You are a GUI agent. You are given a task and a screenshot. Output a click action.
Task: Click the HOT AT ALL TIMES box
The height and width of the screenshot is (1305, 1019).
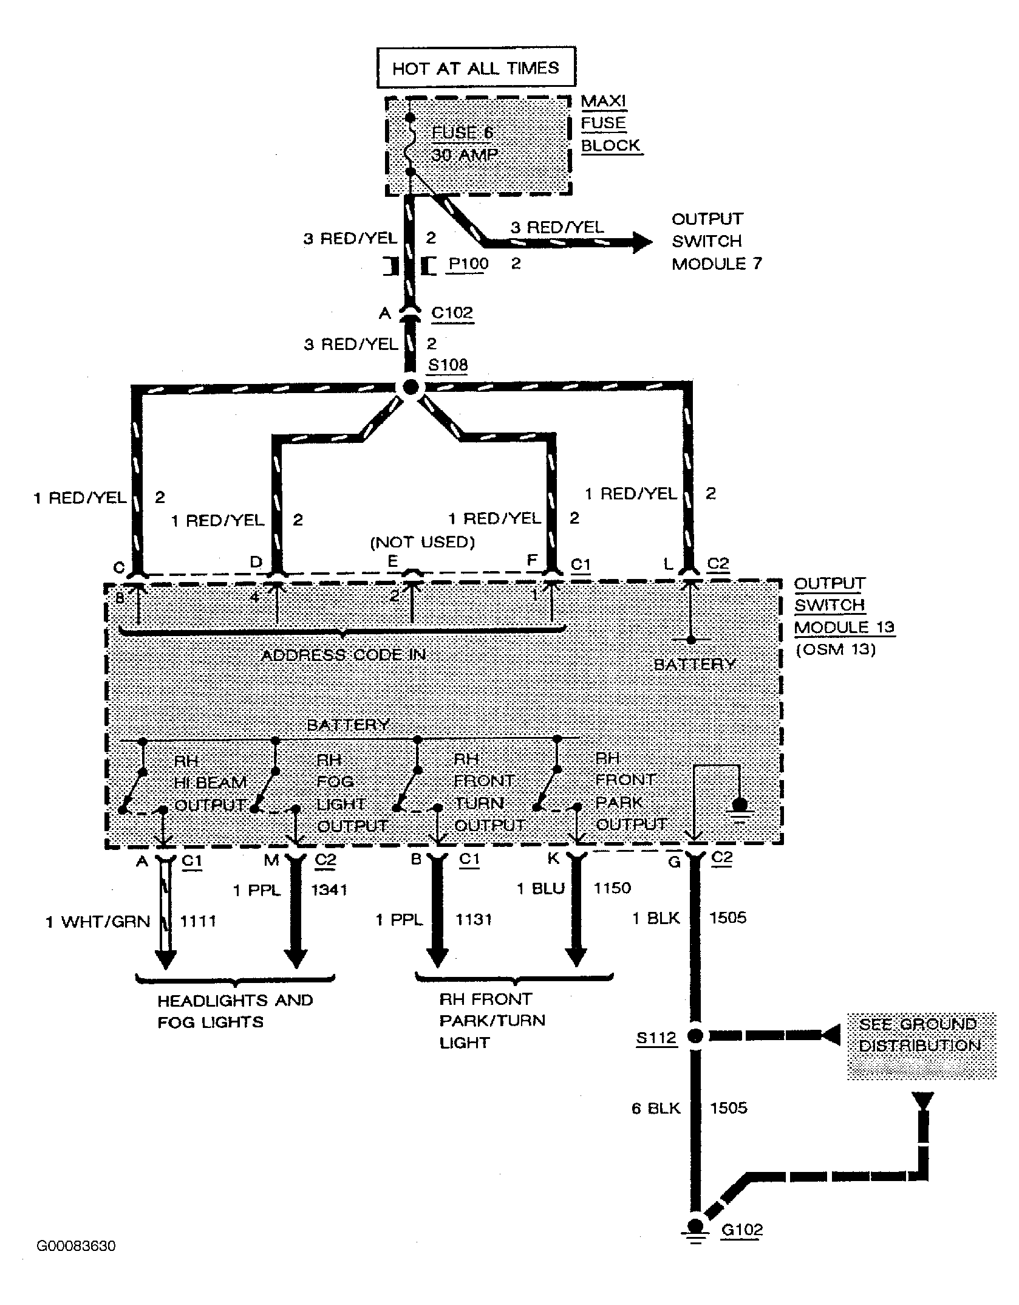(x=475, y=68)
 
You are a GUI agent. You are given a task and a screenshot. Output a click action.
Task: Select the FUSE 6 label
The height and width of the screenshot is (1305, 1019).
(x=463, y=132)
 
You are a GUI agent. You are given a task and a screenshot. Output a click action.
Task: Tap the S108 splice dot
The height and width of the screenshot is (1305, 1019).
(x=411, y=387)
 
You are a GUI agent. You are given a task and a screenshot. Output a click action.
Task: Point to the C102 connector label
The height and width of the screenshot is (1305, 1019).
(x=452, y=312)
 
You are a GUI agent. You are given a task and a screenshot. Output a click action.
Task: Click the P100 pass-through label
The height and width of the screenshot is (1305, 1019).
(x=468, y=264)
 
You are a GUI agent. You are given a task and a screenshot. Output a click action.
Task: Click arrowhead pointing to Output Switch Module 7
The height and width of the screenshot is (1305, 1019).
(x=642, y=242)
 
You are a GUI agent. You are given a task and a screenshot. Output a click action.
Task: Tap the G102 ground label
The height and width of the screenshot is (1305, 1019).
(x=741, y=1230)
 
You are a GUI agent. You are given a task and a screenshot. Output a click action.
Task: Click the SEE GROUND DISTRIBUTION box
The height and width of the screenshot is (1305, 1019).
(x=921, y=1046)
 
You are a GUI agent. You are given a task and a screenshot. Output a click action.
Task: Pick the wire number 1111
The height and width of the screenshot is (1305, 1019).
(x=198, y=921)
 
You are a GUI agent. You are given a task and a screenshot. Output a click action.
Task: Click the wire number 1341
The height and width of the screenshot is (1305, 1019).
(x=329, y=890)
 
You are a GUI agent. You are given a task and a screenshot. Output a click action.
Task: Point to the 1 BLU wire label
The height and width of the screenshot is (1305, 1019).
(x=540, y=888)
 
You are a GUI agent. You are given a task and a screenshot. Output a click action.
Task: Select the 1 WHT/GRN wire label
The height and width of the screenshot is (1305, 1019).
(x=98, y=922)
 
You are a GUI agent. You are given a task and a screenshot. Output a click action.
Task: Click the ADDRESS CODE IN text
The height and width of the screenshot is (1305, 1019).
(x=343, y=655)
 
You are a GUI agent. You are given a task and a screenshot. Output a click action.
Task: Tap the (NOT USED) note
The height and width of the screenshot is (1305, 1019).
(x=423, y=542)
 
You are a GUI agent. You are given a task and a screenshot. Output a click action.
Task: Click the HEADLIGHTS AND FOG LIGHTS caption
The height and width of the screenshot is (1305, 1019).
(x=235, y=1011)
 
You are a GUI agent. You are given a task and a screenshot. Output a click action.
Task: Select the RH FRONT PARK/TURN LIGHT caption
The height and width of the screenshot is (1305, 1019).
(x=492, y=1021)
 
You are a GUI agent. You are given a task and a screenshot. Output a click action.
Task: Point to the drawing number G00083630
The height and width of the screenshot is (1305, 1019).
(x=76, y=1246)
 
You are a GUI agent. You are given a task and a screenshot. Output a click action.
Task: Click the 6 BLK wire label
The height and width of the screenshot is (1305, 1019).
(x=656, y=1108)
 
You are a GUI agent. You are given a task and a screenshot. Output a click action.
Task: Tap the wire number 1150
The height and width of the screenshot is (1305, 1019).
(x=612, y=888)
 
